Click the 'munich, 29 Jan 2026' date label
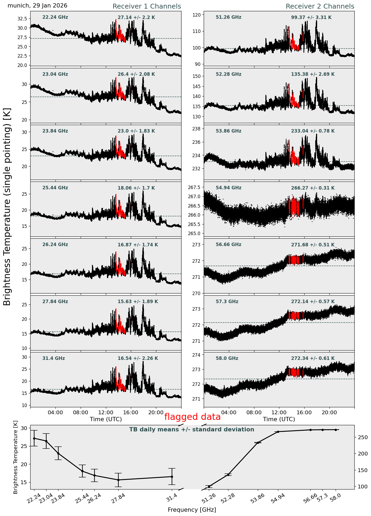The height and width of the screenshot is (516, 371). pos(37,6)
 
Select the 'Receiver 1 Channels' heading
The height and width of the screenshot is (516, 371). pos(147,6)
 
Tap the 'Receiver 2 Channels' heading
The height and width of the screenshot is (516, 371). pos(320,6)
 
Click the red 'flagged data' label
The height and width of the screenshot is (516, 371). pos(192,417)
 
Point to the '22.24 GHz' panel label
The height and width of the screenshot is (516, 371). pos(55,17)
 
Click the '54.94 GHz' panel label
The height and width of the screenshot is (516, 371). pos(228,188)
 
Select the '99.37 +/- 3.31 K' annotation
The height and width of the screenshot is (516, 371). pos(311,17)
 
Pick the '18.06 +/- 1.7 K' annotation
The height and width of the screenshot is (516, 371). pos(136,188)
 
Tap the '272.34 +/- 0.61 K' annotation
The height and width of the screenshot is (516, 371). pos(313,358)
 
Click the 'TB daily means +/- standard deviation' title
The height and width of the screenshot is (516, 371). pos(192,430)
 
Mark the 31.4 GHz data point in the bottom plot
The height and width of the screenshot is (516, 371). pos(172,477)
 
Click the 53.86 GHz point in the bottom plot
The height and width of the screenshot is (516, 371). pos(258,443)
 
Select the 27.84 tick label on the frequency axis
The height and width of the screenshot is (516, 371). pos(118,499)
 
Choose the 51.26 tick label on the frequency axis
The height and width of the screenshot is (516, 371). pos(209,499)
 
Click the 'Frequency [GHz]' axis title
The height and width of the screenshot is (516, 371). pos(192,510)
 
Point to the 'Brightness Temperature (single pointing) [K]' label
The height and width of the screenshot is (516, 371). pos(7,207)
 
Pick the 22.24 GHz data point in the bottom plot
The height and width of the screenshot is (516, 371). pos(34,438)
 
